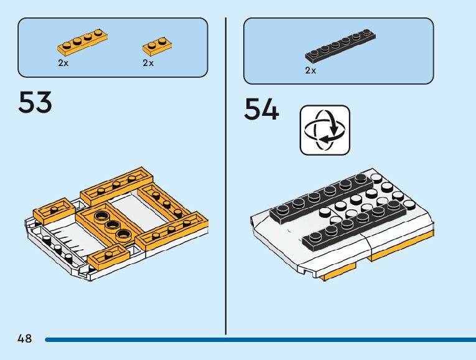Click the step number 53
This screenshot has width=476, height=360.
tap(35, 103)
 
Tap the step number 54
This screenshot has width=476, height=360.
tap(261, 110)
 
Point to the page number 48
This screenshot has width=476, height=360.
tap(25, 339)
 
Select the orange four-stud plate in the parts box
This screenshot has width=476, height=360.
tap(80, 41)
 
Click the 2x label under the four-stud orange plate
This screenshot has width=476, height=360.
tap(63, 63)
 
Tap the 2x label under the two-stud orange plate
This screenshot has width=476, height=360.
tap(148, 63)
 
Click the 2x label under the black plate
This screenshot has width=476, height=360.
tap(310, 70)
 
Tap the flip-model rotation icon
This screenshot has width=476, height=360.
tap(325, 130)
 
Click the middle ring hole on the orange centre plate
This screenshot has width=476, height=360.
tap(113, 225)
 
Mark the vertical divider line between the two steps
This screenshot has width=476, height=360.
tap(225, 174)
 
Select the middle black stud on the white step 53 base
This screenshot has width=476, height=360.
tap(57, 249)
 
